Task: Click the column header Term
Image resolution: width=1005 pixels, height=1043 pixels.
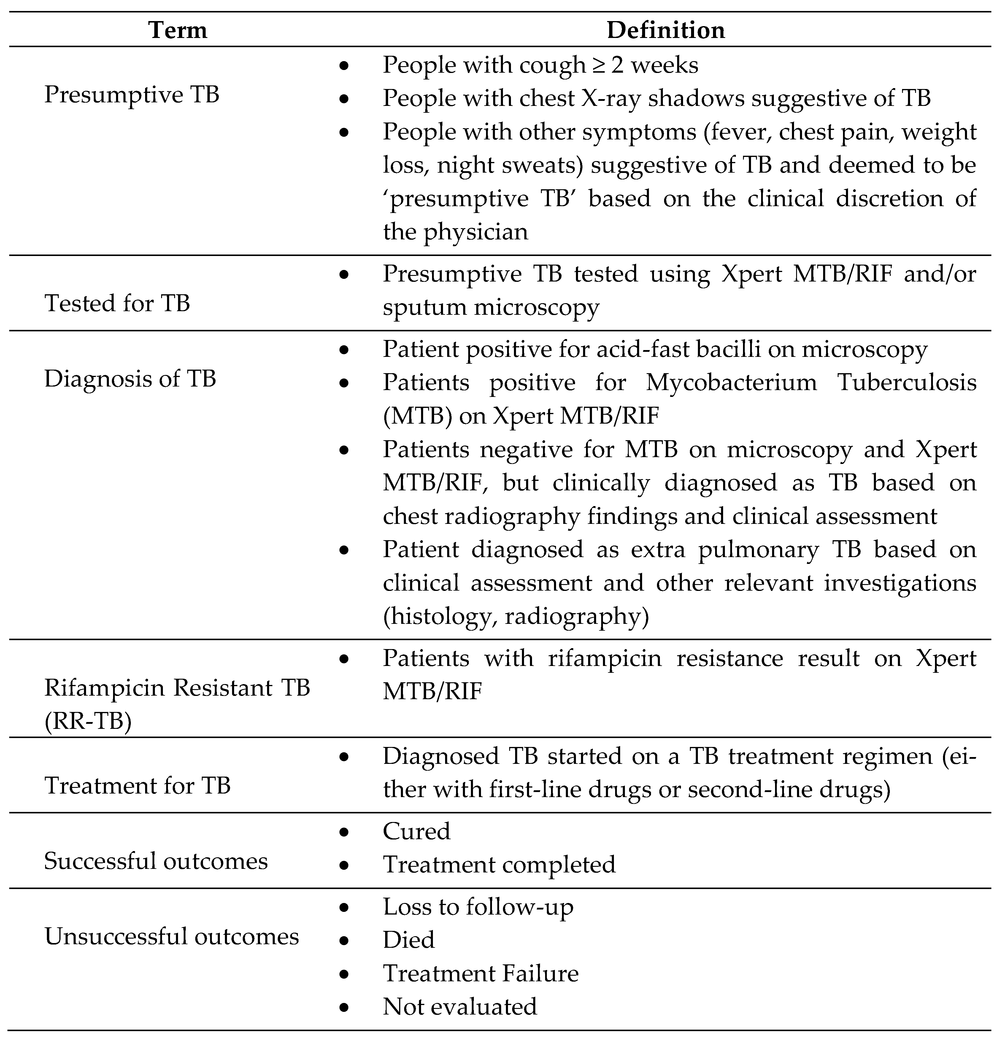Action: point(178,30)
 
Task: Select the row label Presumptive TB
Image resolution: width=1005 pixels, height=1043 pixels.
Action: point(131,95)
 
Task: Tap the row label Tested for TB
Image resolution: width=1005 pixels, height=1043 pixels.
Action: point(117,303)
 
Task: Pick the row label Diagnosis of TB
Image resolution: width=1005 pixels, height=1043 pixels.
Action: point(130,379)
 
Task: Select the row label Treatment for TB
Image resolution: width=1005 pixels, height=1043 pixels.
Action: point(137,786)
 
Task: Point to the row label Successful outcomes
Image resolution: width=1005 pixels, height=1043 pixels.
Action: point(155,861)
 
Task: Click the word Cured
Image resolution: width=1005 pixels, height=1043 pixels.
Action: point(416,831)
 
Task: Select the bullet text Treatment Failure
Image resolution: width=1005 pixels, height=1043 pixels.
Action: point(480,973)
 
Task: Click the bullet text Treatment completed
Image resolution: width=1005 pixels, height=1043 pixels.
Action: point(499,864)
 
